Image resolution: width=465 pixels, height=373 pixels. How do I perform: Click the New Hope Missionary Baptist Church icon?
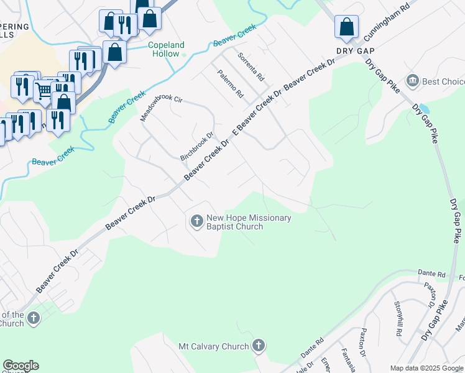pos(196,221)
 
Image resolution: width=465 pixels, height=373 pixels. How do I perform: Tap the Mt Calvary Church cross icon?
pos(259,346)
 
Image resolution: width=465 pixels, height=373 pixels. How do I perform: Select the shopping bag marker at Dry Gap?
pos(346,27)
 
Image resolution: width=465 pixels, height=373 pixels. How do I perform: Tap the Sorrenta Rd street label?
pos(251,67)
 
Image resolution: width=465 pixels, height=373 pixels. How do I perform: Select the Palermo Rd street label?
pos(230,86)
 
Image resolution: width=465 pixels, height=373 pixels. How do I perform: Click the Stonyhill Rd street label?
pos(398,319)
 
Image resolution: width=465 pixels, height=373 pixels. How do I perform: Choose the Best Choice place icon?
pos(412,81)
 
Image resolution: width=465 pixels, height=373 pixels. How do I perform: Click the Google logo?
pos(21,366)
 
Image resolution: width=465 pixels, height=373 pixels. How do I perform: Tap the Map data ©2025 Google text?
pos(426,368)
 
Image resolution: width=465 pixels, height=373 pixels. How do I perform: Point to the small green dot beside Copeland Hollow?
pos(185,54)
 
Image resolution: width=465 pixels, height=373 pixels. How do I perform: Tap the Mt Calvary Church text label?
pos(213,346)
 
